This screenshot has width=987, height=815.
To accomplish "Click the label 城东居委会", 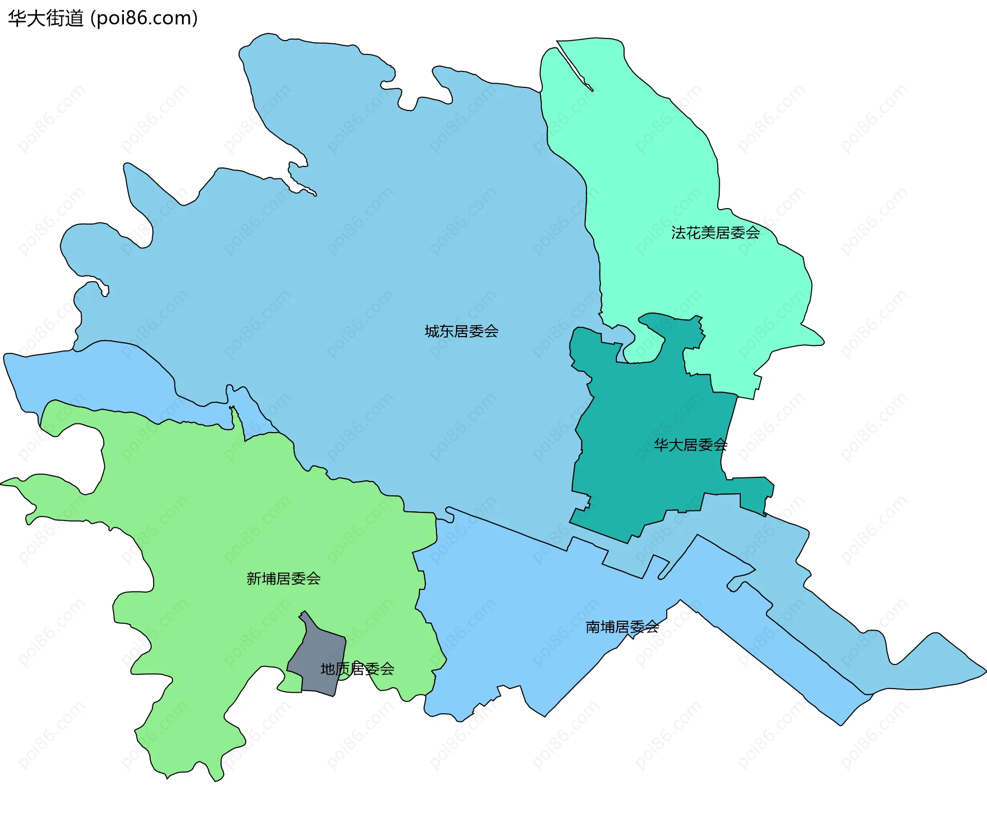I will pyautogui.click(x=461, y=331).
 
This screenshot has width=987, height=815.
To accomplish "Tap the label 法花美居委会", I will pyautogui.click(x=715, y=233).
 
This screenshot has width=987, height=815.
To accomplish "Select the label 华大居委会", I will pyautogui.click(x=690, y=445).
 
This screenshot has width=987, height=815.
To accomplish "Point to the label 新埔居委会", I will pyautogui.click(x=283, y=579).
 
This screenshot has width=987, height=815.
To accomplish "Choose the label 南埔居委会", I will pyautogui.click(x=622, y=627).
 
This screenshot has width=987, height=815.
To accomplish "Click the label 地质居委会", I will pyautogui.click(x=357, y=669).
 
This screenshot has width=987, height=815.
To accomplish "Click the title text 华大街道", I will pyautogui.click(x=46, y=18).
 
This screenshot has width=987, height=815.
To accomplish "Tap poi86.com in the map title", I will pyautogui.click(x=144, y=18).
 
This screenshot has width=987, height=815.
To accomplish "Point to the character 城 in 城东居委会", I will pyautogui.click(x=432, y=331).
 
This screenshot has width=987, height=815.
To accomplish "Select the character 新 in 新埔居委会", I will pyautogui.click(x=254, y=579).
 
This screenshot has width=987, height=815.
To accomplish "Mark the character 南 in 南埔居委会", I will pyautogui.click(x=593, y=627).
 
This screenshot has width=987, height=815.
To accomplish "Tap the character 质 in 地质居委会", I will pyautogui.click(x=342, y=669).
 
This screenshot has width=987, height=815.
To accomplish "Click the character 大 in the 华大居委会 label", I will pyautogui.click(x=675, y=445).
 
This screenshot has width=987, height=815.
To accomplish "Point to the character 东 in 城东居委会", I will pyautogui.click(x=447, y=331).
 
